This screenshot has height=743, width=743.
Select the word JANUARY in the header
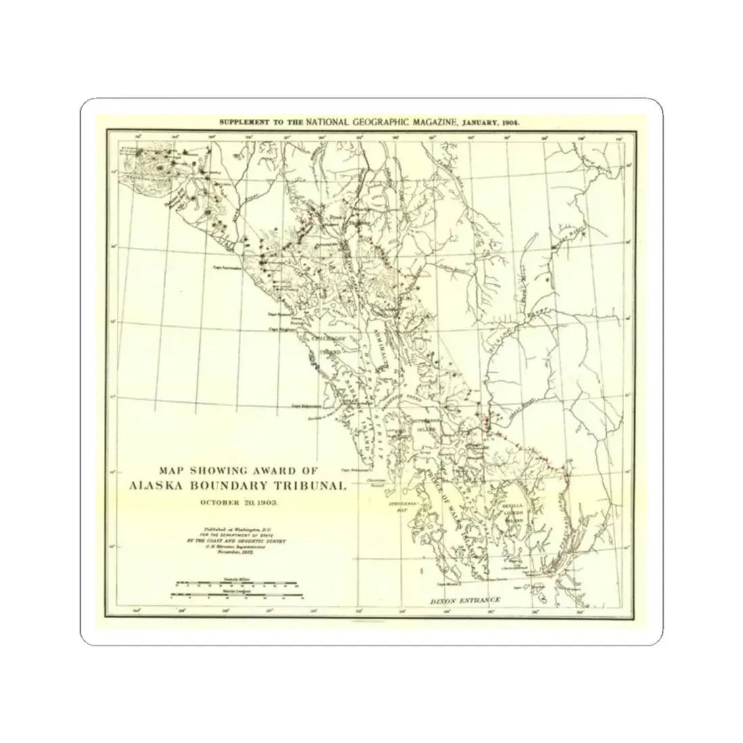[x=482, y=122]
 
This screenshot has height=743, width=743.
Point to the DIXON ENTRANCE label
[x=466, y=600]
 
